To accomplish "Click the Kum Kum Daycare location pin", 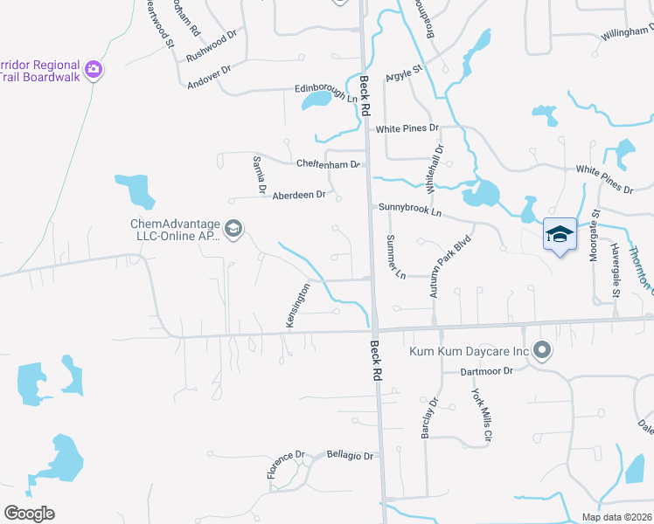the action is pyautogui.click(x=542, y=351).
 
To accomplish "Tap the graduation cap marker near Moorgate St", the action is pyautogui.click(x=560, y=235).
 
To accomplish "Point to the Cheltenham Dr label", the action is pyautogui.click(x=328, y=164).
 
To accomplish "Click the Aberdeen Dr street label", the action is pyautogui.click(x=298, y=195).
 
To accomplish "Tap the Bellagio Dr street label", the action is pyautogui.click(x=350, y=456).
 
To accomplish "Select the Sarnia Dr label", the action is pyautogui.click(x=259, y=174).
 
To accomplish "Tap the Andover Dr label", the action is pyautogui.click(x=209, y=78).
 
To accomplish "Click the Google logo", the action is pyautogui.click(x=29, y=514).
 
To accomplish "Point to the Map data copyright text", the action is pyautogui.click(x=616, y=517).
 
